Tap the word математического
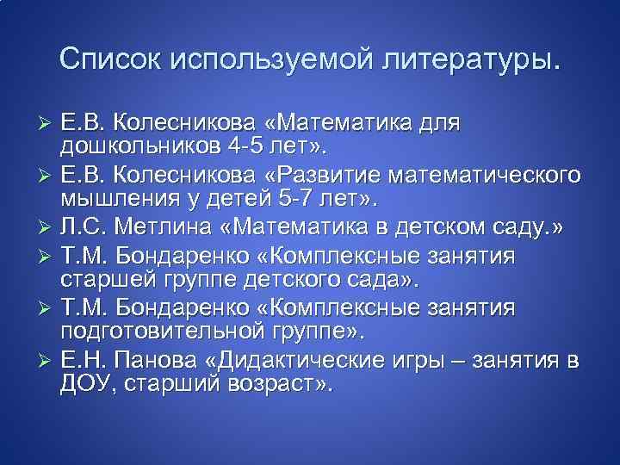[520, 177]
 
